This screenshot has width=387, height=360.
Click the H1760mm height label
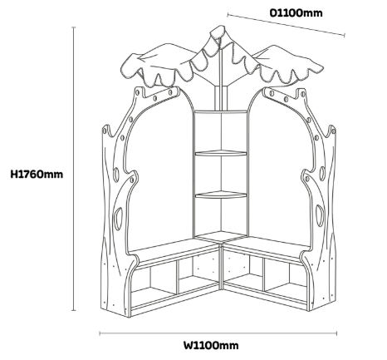37,175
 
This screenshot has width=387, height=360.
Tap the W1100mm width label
211,345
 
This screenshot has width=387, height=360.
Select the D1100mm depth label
296,12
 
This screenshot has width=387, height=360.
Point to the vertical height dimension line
74,169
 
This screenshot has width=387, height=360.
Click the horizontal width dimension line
218,333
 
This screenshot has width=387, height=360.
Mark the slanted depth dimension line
287,25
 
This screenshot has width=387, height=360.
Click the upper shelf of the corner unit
221,153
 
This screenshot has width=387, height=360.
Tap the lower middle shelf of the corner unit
221,195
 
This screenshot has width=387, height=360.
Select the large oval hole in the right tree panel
320,215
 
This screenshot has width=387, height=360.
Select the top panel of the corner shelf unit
221,111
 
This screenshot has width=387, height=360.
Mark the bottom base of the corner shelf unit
221,235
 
